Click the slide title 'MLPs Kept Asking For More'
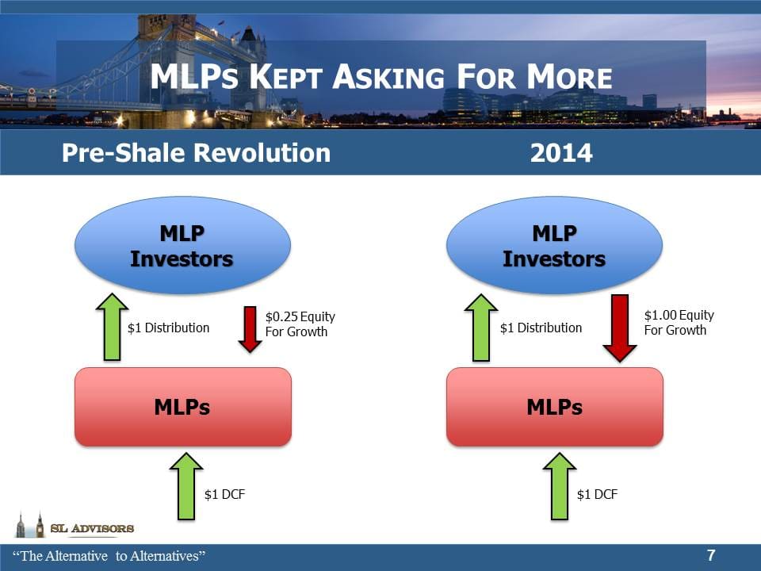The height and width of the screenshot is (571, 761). pyautogui.click(x=380, y=78)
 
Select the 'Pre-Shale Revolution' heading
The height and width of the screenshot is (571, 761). pyautogui.click(x=196, y=152)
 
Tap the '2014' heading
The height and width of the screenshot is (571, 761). pyautogui.click(x=560, y=152)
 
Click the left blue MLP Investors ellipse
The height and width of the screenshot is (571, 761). pyautogui.click(x=182, y=246)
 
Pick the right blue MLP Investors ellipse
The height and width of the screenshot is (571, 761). pyautogui.click(x=554, y=246)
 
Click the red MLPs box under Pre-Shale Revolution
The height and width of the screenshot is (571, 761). pyautogui.click(x=182, y=407)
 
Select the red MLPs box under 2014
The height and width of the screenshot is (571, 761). pyautogui.click(x=554, y=407)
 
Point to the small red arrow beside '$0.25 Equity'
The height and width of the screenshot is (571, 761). pyautogui.click(x=250, y=330)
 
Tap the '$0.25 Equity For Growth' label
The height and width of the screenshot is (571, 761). pyautogui.click(x=300, y=324)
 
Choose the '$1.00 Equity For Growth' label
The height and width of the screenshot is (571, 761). pyautogui.click(x=679, y=322)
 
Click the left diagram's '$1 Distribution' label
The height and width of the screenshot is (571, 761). pyautogui.click(x=168, y=328)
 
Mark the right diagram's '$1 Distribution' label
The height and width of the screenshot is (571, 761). pyautogui.click(x=541, y=328)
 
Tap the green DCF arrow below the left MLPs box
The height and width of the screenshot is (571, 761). pyautogui.click(x=186, y=485)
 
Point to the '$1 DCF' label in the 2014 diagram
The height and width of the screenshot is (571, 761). pyautogui.click(x=597, y=494)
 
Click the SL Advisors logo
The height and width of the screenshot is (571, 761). pyautogui.click(x=75, y=527)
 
